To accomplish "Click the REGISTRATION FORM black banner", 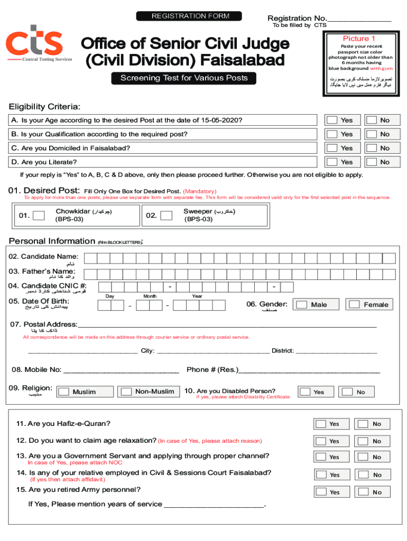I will [x=189, y=16].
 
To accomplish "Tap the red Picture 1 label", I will [x=359, y=39].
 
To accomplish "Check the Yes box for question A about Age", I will [x=332, y=120].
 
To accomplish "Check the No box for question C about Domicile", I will [x=372, y=148].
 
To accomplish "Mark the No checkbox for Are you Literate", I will [x=372, y=162].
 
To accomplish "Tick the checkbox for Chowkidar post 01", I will [x=39, y=215].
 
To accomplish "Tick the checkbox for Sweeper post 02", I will [x=166, y=215].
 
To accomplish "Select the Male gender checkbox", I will [x=302, y=305].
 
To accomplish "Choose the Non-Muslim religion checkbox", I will [x=126, y=391].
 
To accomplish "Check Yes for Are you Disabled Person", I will [x=305, y=391].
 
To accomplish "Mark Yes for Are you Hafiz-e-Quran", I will [x=321, y=424].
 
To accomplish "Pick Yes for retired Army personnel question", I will [x=321, y=492].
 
